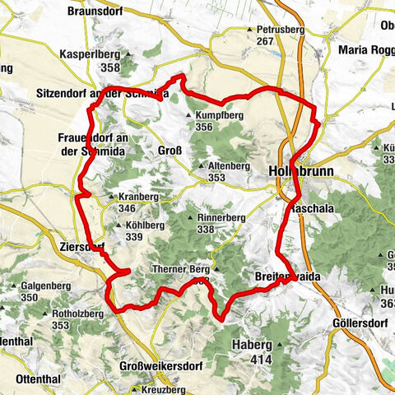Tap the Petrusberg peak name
click(x=276, y=30)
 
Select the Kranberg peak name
click(x=137, y=197)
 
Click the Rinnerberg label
click(x=221, y=217)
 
